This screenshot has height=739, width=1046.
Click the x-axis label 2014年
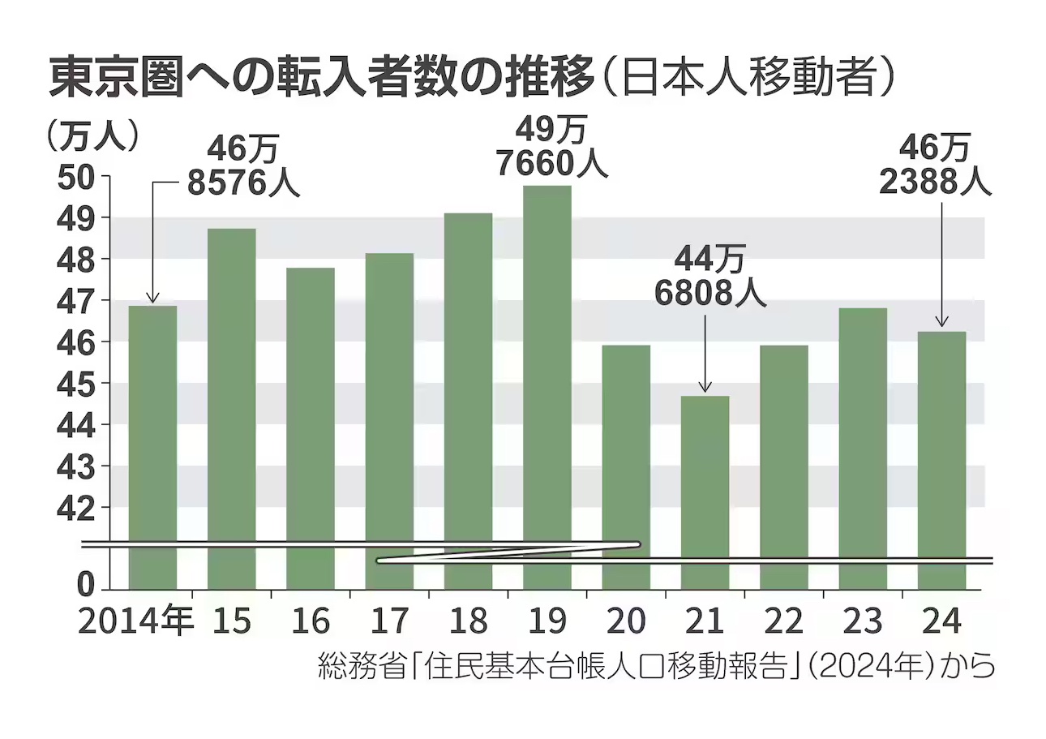pyautogui.click(x=136, y=622)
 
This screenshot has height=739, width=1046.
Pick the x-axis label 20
pyautogui.click(x=626, y=622)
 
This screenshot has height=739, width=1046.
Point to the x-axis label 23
pyautogui.click(x=863, y=622)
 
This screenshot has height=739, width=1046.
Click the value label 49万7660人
pyautogui.click(x=551, y=146)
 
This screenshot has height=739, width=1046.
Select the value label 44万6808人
pyautogui.click(x=709, y=276)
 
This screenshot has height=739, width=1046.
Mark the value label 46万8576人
pyautogui.click(x=243, y=166)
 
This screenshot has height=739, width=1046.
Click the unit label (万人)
pyautogui.click(x=93, y=135)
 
